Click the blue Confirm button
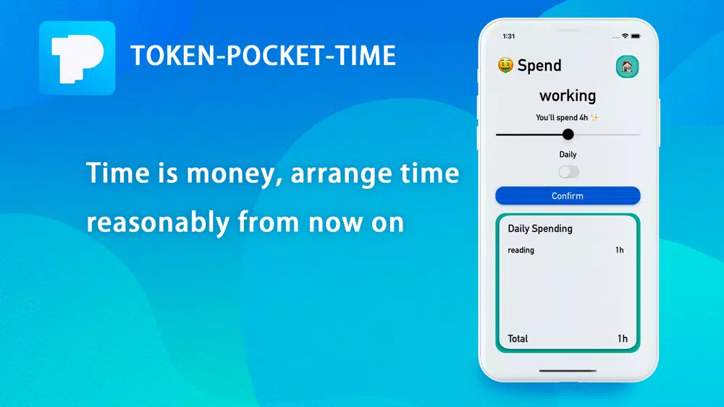pyautogui.click(x=568, y=195)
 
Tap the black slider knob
pyautogui.click(x=568, y=134)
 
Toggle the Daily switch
pyautogui.click(x=568, y=172)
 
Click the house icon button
pyautogui.click(x=627, y=67)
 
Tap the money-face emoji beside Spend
pyautogui.click(x=505, y=66)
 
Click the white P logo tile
pyautogui.click(x=77, y=58)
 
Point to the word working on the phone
pyautogui.click(x=568, y=96)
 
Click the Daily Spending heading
pyautogui.click(x=540, y=228)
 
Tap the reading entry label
pyautogui.click(x=521, y=250)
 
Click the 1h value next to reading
pyautogui.click(x=619, y=250)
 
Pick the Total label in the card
pyautogui.click(x=518, y=338)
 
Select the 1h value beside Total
pyautogui.click(x=623, y=338)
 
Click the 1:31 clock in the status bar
pyautogui.click(x=508, y=36)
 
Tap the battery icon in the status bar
pyautogui.click(x=636, y=36)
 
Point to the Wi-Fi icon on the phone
pyautogui.click(x=625, y=35)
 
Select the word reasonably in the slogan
pyautogui.click(x=158, y=223)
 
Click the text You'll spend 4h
pyautogui.click(x=562, y=118)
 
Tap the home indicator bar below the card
pyautogui.click(x=568, y=370)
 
